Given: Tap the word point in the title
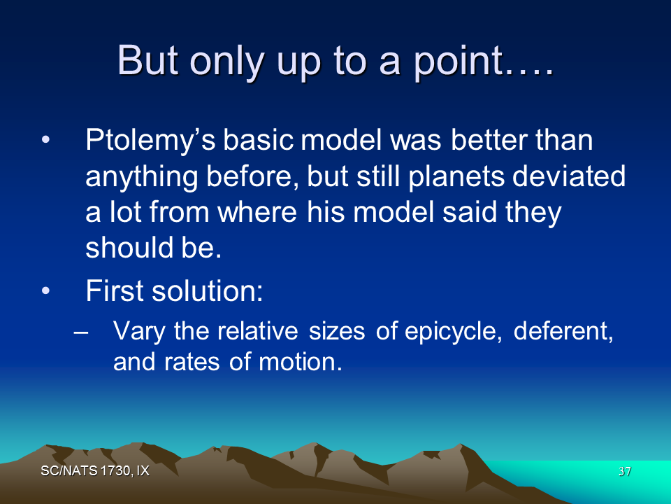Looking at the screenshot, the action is coord(458,62).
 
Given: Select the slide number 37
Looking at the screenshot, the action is coord(625,471).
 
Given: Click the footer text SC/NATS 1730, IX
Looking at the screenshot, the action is coord(95,471).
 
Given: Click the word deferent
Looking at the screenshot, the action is coord(563,331).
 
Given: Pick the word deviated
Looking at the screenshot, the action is coord(569,176).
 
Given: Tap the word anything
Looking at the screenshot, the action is coord(142,177).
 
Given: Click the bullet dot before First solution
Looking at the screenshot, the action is coord(46,291).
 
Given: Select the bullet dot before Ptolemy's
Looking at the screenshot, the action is coord(46,140).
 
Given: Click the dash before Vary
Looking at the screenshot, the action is coord(81,332).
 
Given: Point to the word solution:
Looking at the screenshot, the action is coord(207,291).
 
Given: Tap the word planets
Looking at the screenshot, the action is coord(456,177).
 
